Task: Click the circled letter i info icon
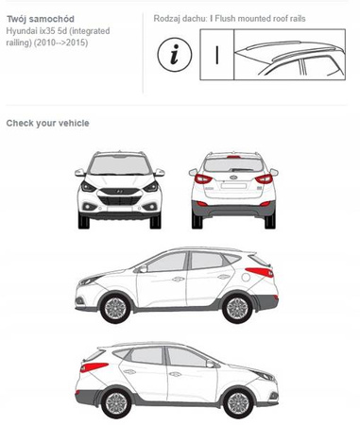[174, 55]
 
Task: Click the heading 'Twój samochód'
[41, 19]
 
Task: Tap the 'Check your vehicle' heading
[47, 123]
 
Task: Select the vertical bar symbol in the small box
[217, 55]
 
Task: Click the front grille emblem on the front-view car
[120, 191]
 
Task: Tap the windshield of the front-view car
[120, 165]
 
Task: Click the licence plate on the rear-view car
[233, 186]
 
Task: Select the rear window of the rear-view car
[233, 165]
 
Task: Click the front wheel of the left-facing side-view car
[115, 308]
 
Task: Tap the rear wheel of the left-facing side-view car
[237, 308]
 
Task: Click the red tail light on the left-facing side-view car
[259, 272]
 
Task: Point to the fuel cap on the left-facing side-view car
[246, 278]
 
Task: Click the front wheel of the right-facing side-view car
[238, 403]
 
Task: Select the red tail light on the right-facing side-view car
[94, 367]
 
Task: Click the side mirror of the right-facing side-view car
[210, 364]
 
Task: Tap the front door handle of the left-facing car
[178, 279]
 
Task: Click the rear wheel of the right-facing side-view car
[116, 403]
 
